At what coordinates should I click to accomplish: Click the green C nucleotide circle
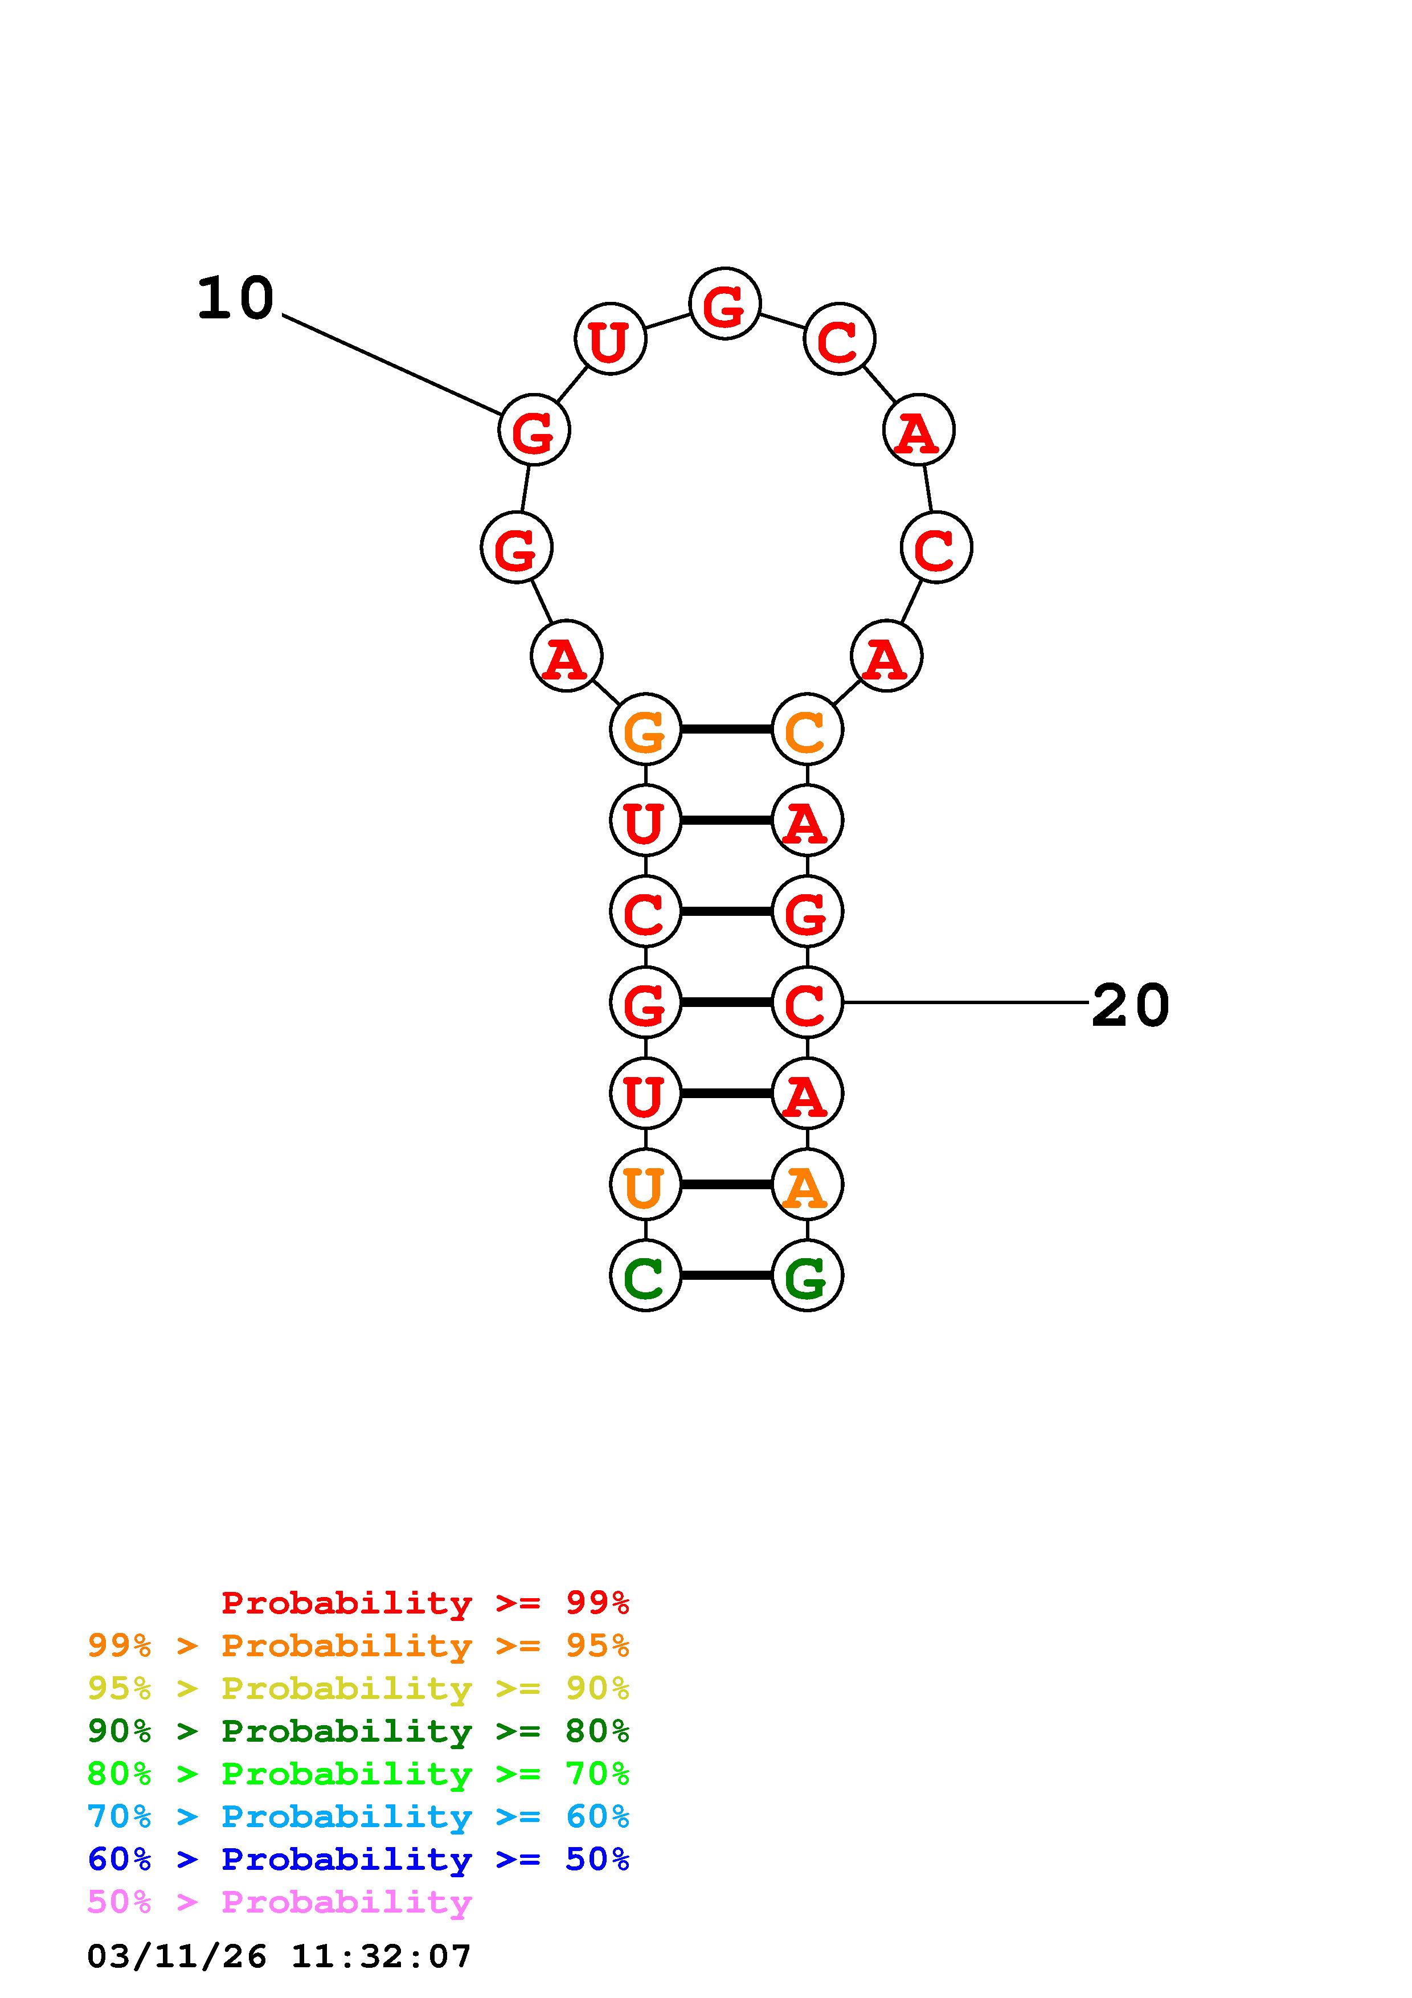[x=645, y=1276]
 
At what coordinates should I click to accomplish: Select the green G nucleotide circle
[x=807, y=1276]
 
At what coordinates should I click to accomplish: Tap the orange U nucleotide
[x=645, y=1184]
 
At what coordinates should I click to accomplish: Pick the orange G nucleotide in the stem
[x=645, y=729]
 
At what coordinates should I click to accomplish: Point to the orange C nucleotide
[x=807, y=729]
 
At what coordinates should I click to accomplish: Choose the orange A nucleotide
[x=807, y=1184]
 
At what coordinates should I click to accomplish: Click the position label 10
[x=235, y=298]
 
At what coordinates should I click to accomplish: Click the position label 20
[x=1130, y=1005]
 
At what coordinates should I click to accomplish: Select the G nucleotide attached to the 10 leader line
[x=533, y=430]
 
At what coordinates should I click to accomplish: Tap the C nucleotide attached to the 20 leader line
[x=807, y=1002]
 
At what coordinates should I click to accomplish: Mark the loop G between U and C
[x=725, y=304]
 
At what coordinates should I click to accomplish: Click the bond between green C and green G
[x=726, y=1276]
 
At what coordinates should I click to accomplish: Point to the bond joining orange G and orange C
[x=726, y=729]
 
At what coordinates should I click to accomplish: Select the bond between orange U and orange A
[x=726, y=1184]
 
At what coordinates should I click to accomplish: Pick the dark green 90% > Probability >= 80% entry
[x=358, y=1731]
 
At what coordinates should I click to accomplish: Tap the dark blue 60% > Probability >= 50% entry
[x=358, y=1859]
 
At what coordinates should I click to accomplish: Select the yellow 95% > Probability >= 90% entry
[x=358, y=1688]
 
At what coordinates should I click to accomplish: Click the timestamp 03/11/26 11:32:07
[x=279, y=1956]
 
